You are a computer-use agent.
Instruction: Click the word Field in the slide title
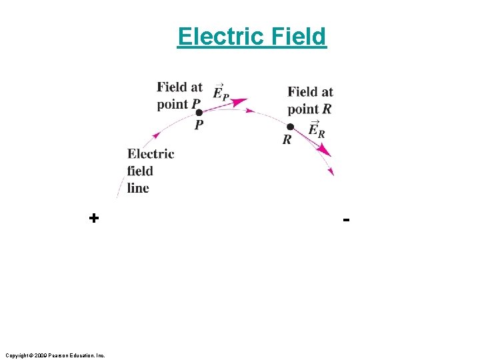coord(299,36)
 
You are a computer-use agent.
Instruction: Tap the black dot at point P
coord(199,113)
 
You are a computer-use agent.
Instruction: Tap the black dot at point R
coord(290,127)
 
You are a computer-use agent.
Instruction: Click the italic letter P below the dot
coord(199,125)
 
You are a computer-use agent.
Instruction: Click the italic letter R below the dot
coord(287,139)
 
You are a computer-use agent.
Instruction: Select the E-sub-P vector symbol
coord(221,93)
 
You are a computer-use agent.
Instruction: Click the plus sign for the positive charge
coord(94,218)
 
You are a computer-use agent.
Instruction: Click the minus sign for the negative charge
coord(346,219)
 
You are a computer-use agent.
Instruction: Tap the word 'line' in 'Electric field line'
coord(138,188)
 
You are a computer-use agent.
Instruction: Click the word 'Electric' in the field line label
coord(151,154)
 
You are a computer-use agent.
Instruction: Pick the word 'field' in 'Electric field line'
coord(140,171)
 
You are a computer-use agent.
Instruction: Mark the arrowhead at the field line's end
coord(331,172)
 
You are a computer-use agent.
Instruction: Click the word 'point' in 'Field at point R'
coord(303,109)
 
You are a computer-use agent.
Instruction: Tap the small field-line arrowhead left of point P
coord(155,135)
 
